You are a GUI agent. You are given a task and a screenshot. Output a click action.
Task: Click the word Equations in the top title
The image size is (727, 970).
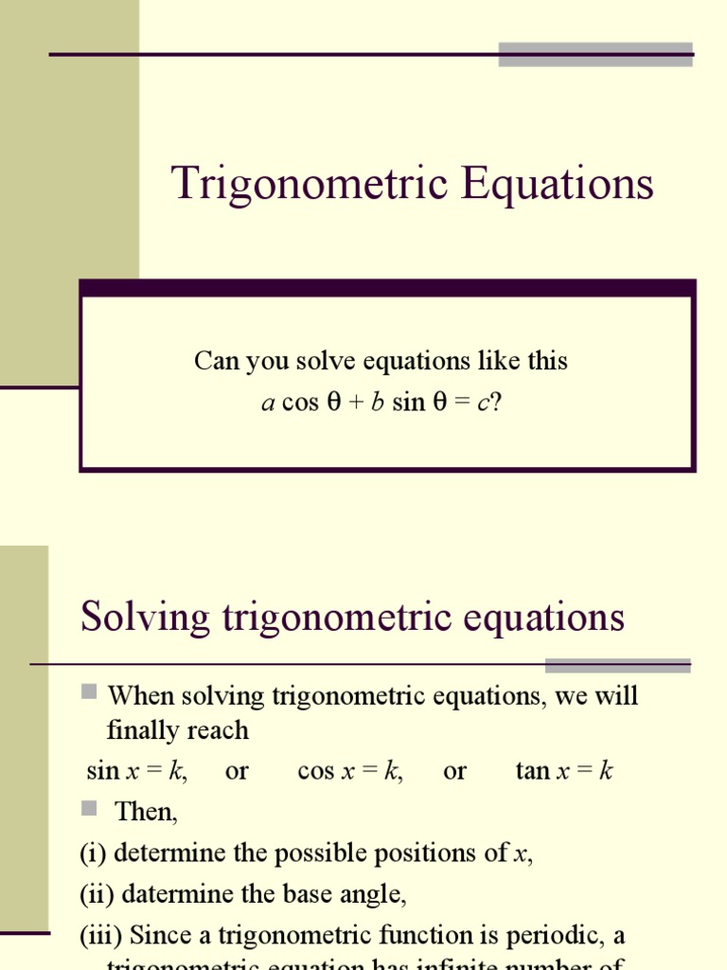[558, 184]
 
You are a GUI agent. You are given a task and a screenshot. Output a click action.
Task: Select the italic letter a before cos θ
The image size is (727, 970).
[267, 403]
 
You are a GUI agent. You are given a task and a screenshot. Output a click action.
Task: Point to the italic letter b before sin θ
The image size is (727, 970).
[377, 403]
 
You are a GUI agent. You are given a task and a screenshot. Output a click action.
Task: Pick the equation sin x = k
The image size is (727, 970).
[136, 771]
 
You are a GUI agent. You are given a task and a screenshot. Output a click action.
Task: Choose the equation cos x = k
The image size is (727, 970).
[350, 771]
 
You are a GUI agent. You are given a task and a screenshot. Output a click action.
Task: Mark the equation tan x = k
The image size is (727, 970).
[564, 771]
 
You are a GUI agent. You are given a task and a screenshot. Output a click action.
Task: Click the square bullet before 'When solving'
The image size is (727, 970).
[89, 692]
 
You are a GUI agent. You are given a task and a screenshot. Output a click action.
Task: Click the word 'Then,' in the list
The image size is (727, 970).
[146, 812]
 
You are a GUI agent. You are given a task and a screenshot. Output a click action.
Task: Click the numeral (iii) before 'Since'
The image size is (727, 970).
[100, 935]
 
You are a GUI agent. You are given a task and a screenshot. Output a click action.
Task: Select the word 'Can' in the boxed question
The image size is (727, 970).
[212, 361]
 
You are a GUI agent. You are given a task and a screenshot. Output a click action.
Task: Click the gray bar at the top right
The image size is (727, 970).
[595, 54]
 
